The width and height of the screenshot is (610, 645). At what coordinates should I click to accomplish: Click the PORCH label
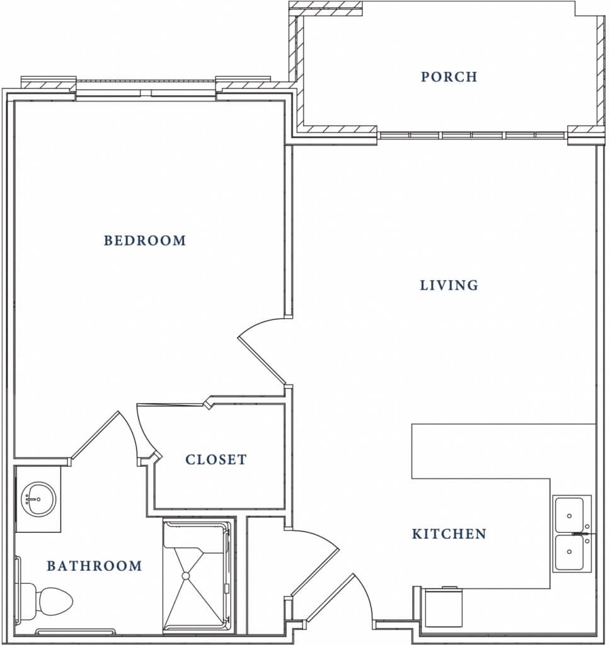pyautogui.click(x=449, y=76)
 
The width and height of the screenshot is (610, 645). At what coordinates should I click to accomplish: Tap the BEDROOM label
pyautogui.click(x=145, y=240)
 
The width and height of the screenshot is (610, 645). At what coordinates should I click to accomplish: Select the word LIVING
pyautogui.click(x=449, y=285)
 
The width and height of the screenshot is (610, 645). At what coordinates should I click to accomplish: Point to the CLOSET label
pyautogui.click(x=216, y=459)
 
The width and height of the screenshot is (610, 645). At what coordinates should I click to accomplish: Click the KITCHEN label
pyautogui.click(x=449, y=534)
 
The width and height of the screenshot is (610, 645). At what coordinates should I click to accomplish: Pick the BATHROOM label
pyautogui.click(x=95, y=566)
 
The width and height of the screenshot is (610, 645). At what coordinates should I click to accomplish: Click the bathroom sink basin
pyautogui.click(x=38, y=499)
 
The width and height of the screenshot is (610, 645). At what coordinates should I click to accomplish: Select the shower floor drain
pyautogui.click(x=186, y=576)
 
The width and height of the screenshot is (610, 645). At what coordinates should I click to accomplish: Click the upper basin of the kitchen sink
pyautogui.click(x=569, y=515)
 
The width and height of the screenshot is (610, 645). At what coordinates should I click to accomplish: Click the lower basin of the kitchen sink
pyautogui.click(x=569, y=552)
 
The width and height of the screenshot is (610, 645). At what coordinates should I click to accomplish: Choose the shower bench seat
pyautogui.click(x=196, y=534)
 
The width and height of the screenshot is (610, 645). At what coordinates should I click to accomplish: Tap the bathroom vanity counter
pyautogui.click(x=38, y=499)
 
